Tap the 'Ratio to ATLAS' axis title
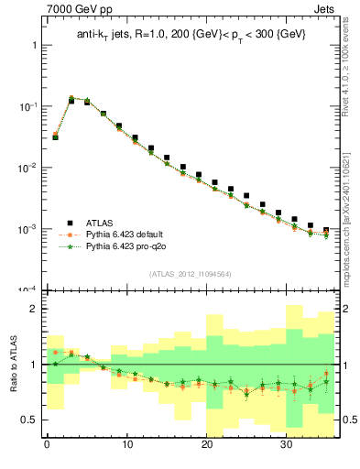(x=12, y=365)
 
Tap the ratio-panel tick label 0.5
(x=28, y=420)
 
